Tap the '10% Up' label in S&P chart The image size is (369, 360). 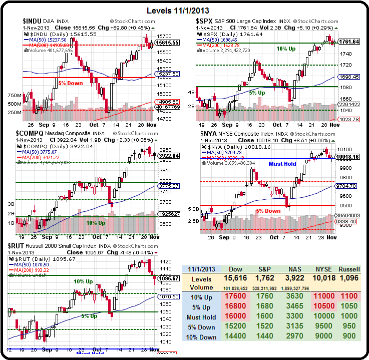click(286, 49)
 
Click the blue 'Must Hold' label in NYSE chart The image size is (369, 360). click(282, 164)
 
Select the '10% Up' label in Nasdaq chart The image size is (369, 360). click(96, 223)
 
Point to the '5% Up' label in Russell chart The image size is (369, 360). click(90, 316)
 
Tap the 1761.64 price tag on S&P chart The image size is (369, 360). click(349, 42)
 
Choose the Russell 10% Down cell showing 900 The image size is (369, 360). click(349, 337)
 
